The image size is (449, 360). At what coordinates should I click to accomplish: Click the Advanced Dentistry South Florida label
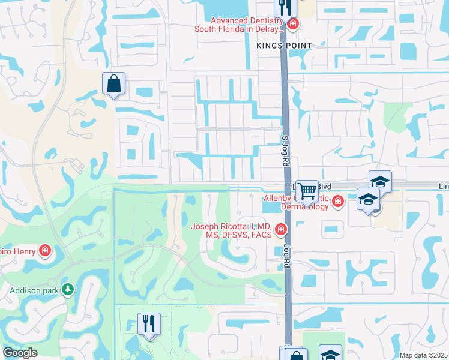(238, 25)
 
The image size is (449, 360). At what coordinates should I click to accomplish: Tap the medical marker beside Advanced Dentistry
(292, 24)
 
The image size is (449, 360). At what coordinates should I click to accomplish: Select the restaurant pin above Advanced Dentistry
(286, 7)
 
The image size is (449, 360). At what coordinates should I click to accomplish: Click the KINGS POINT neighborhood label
(284, 46)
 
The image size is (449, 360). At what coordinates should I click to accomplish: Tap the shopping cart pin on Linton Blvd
(307, 191)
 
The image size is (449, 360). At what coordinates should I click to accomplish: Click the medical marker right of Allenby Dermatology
(338, 201)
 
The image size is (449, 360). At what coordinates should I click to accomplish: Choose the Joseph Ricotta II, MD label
(231, 230)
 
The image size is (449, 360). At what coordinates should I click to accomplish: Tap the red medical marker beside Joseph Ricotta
(280, 230)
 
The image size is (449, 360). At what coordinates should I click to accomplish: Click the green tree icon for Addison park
(69, 290)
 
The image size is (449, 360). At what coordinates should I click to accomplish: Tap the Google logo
(20, 353)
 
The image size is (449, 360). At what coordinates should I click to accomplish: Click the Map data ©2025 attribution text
(423, 355)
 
